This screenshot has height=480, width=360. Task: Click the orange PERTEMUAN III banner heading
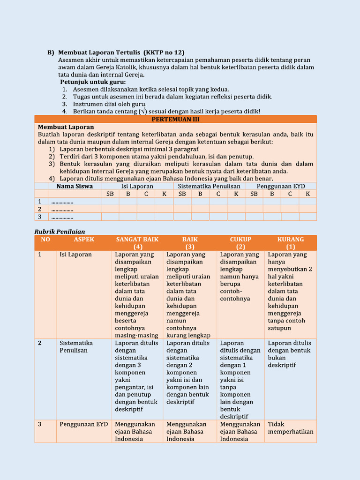176,120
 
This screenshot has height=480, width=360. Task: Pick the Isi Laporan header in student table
137,186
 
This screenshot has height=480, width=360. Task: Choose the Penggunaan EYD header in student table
281,186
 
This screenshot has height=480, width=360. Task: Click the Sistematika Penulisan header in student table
209,186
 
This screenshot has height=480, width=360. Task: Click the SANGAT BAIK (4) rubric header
137,243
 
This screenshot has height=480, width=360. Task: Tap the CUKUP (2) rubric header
240,243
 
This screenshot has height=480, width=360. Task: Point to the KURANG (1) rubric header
291,243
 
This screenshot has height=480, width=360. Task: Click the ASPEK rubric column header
84,240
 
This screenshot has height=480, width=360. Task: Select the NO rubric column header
45,240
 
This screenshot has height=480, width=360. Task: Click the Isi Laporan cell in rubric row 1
75,255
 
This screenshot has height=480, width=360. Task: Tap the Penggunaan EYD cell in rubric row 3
83,424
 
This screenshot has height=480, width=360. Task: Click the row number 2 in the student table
40,209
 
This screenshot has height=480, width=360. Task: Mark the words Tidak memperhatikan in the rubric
290,428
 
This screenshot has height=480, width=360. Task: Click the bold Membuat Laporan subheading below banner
66,127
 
